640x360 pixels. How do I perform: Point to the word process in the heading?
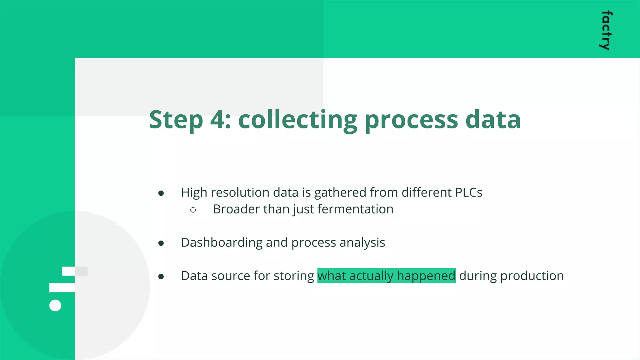click(x=411, y=120)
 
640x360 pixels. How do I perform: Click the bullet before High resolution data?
click(x=161, y=193)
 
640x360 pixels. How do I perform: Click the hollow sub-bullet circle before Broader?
click(x=193, y=210)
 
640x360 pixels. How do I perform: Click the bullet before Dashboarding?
click(x=161, y=243)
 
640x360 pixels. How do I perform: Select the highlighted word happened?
click(x=426, y=276)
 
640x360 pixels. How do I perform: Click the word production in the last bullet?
click(x=532, y=276)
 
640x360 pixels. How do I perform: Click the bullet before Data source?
click(x=161, y=277)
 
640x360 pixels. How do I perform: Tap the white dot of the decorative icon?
click(x=55, y=305)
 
